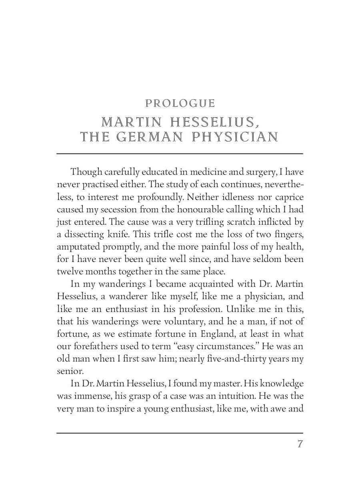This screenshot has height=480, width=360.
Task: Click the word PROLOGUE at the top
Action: pos(180,104)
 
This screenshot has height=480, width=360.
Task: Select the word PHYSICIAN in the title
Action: pos(235,137)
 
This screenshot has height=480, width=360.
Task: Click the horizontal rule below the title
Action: pos(180,153)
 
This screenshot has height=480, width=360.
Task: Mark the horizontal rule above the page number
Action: pos(180,433)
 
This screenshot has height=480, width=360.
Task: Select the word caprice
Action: pos(289,197)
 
